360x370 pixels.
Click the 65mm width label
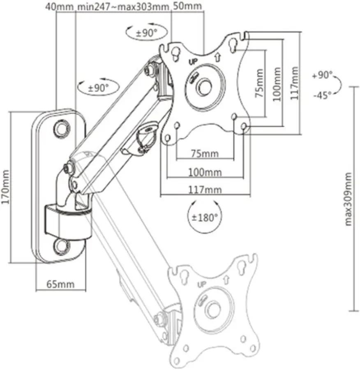coord(60,284)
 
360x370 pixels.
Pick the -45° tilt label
coord(322,95)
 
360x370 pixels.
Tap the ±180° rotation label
coord(205,217)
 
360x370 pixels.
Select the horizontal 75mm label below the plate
coord(205,154)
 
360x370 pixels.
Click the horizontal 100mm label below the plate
coord(205,172)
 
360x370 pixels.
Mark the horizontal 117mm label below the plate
coord(205,190)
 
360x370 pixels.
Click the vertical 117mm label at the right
coord(293,84)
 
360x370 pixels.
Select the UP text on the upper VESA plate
coord(193,62)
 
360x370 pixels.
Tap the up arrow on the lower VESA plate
coord(226,280)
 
